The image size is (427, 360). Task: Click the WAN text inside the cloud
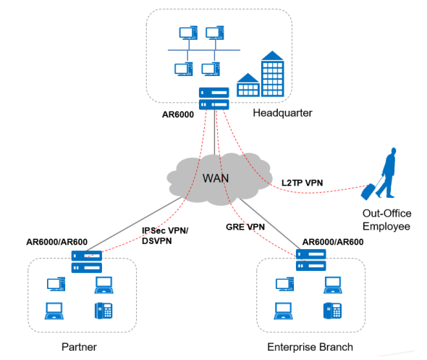tap(216, 178)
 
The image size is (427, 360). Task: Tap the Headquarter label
tap(282, 113)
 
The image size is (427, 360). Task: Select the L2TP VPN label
tap(302, 183)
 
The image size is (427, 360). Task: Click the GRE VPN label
tap(245, 227)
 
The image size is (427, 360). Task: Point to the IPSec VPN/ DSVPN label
tap(165, 235)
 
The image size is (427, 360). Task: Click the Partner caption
tap(79, 347)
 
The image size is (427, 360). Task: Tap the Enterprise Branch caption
tap(310, 347)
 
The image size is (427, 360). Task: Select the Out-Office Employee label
tap(386, 219)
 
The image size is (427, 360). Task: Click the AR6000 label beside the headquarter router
tap(178, 114)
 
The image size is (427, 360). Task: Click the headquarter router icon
tap(213, 99)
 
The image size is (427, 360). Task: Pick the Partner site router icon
tap(87, 261)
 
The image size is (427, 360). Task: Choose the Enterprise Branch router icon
tap(310, 260)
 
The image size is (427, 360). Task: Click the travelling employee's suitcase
tap(368, 192)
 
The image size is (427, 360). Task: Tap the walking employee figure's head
tap(394, 151)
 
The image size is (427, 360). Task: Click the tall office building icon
tap(272, 74)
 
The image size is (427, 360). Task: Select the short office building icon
tap(248, 85)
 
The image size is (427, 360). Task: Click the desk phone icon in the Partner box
tap(103, 311)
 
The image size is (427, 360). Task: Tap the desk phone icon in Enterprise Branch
tap(332, 311)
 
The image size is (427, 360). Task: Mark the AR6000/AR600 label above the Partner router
tap(56, 242)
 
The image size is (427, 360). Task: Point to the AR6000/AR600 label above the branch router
tap(333, 242)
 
